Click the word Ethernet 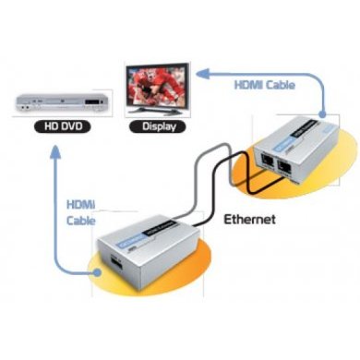point(252,220)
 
